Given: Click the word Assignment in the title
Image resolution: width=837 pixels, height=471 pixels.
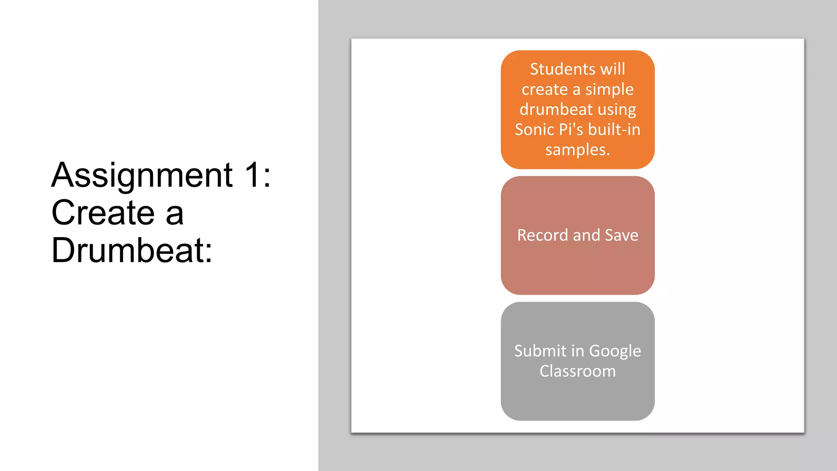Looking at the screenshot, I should (x=142, y=175).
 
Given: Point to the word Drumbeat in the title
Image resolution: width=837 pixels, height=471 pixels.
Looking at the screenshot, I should (x=127, y=250).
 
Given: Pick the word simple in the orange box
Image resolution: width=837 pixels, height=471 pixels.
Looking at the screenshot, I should (x=609, y=90).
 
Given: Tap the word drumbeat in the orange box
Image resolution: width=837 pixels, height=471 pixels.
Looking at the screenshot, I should (x=556, y=110).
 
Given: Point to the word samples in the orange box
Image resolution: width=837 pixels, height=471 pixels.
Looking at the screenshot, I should (x=576, y=150).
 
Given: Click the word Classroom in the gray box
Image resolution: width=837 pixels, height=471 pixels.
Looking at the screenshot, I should (x=577, y=371).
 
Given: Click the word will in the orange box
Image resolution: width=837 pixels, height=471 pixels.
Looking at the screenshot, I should (x=613, y=69).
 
